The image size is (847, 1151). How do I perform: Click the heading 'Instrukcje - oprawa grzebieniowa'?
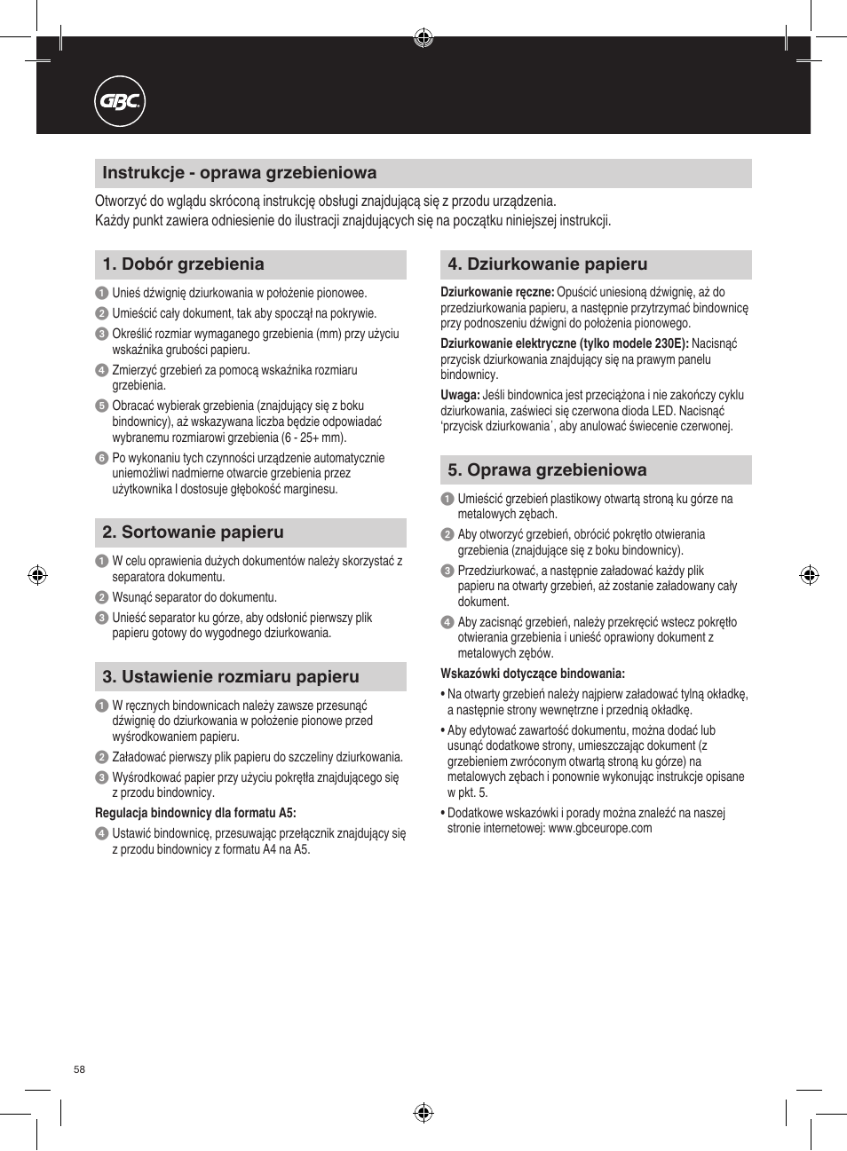click(x=239, y=173)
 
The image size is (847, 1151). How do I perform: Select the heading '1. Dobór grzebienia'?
click(x=183, y=264)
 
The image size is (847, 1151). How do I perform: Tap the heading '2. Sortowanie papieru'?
click(x=193, y=532)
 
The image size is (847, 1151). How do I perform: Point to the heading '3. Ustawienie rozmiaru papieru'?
click(x=230, y=677)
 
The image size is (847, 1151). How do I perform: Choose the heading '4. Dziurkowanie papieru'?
click(x=547, y=264)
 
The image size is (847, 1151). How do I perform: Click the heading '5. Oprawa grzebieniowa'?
click(x=547, y=470)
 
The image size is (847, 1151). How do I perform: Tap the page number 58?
click(x=80, y=1069)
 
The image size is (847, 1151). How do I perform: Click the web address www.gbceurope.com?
click(x=600, y=829)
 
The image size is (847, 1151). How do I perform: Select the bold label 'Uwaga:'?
click(x=460, y=396)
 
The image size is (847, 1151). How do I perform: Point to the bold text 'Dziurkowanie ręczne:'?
click(x=497, y=292)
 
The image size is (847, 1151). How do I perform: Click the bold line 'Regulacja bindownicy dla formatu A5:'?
click(x=195, y=813)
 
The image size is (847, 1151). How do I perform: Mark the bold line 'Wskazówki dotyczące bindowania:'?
click(x=533, y=674)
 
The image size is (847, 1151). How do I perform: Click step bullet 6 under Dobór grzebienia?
click(x=101, y=459)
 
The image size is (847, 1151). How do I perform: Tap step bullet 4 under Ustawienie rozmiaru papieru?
click(x=101, y=834)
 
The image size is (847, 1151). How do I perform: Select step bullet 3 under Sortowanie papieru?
click(x=101, y=619)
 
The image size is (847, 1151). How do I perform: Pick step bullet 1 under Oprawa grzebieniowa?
click(x=447, y=500)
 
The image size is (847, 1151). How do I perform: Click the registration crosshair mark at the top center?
click(x=423, y=37)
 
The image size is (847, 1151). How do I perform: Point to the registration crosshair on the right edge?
click(x=809, y=575)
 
